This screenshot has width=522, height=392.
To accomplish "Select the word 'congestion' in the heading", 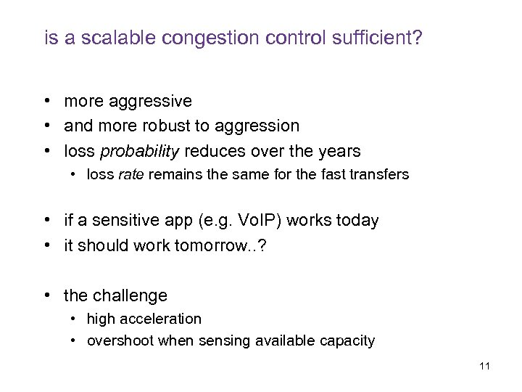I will [x=191, y=38].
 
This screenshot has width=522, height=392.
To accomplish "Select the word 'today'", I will [x=358, y=221].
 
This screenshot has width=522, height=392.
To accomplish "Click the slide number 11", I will [x=484, y=366].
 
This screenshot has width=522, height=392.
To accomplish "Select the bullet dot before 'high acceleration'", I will [x=75, y=319].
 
